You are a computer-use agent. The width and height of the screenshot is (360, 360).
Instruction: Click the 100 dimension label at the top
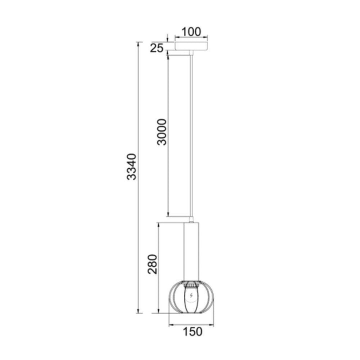[191, 31]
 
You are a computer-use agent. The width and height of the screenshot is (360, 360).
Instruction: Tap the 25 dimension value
[156, 48]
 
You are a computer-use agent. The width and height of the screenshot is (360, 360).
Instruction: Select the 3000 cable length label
[161, 132]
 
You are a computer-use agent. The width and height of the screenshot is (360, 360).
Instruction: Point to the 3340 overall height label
[132, 166]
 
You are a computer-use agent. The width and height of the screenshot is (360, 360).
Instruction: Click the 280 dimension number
[152, 264]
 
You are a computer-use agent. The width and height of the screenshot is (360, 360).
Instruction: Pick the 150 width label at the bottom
[192, 331]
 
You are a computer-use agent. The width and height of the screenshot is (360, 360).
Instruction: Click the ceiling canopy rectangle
[191, 46]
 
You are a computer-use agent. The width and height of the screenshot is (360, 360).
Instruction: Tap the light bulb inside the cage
[191, 299]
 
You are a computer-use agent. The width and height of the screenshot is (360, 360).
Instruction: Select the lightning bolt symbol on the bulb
[191, 295]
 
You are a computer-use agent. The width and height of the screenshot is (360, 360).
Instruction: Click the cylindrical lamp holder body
[191, 251]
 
